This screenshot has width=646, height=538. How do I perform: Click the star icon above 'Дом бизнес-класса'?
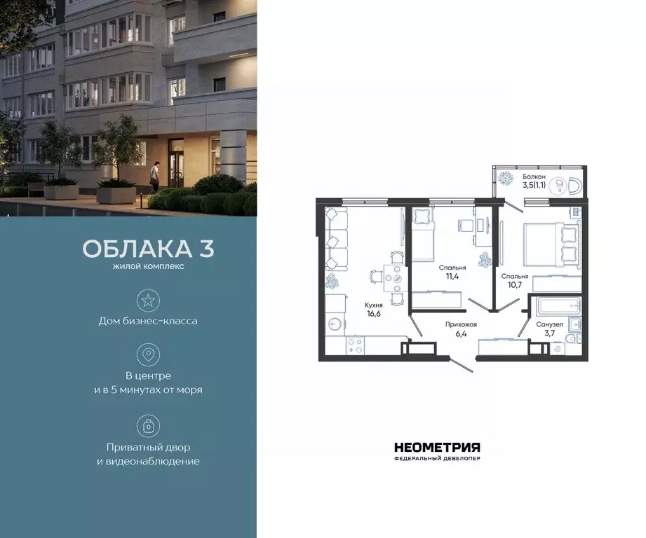148,301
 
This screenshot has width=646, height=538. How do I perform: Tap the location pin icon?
148,354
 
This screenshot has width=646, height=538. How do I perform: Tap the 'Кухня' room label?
373,305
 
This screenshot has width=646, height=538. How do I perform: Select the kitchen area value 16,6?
373,315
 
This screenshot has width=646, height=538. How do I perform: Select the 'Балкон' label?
533,177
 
